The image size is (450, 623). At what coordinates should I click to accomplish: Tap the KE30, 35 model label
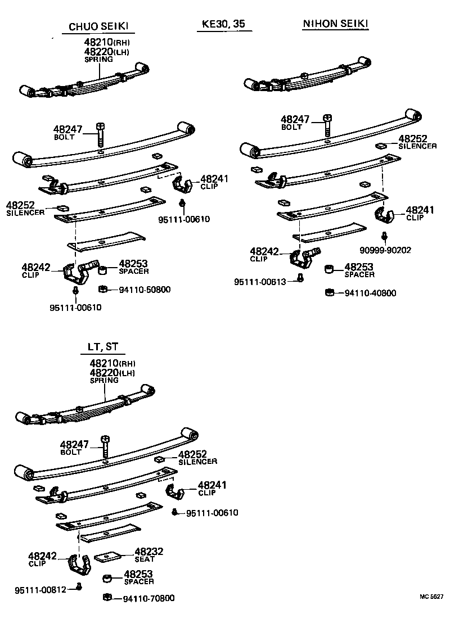click(223, 25)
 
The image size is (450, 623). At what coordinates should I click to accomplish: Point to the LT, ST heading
click(103, 346)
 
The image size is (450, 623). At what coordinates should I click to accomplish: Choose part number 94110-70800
click(148, 598)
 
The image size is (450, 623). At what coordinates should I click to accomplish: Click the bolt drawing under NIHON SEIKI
click(327, 125)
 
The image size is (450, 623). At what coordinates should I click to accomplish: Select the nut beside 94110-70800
click(107, 597)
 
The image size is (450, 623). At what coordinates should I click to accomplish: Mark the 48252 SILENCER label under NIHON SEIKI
click(417, 142)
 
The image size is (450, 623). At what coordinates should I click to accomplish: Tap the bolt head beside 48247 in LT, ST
click(105, 438)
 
